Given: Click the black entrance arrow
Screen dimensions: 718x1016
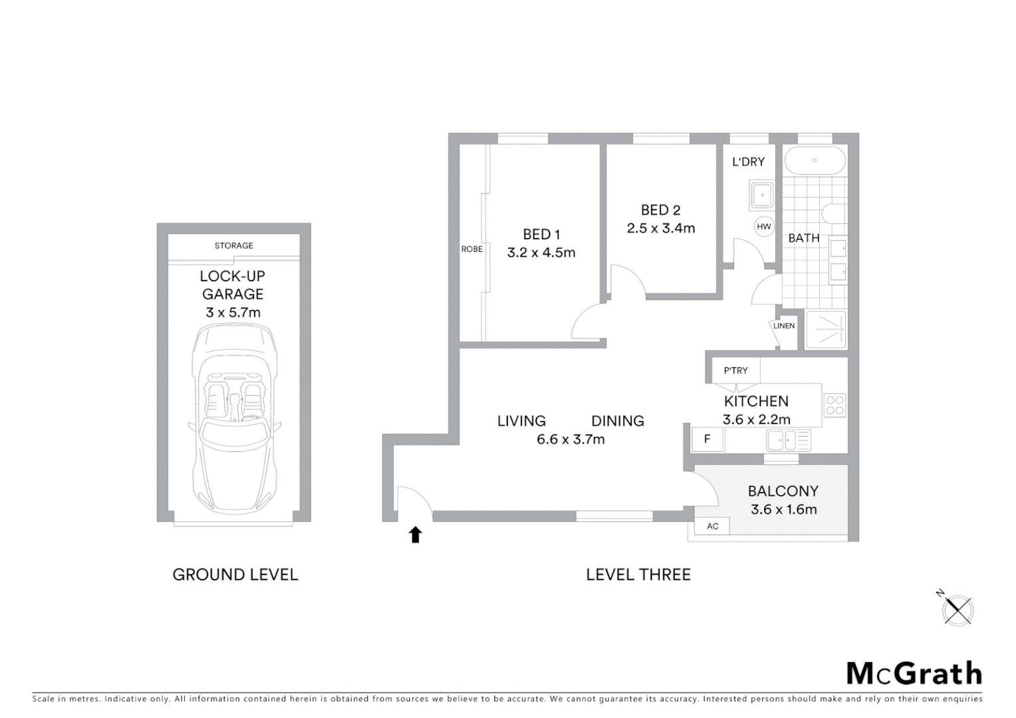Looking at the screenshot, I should (x=416, y=535).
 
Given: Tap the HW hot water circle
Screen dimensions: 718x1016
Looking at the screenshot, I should (x=764, y=227).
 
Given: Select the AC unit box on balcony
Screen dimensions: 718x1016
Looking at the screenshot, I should (x=712, y=526).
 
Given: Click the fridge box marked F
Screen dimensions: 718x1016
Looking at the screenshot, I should (x=707, y=439).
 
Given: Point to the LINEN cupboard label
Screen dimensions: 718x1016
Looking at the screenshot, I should (x=784, y=326).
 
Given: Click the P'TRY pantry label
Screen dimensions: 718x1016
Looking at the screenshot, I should (x=735, y=370).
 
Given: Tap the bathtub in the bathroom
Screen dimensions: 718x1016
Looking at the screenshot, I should (x=815, y=160).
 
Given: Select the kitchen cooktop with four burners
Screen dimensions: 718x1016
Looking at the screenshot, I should (x=834, y=406).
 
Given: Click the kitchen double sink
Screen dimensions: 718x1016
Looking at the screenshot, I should (x=788, y=440).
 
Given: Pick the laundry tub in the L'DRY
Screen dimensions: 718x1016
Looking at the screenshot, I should (x=761, y=195).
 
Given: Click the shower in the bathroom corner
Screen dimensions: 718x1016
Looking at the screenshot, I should (x=826, y=330).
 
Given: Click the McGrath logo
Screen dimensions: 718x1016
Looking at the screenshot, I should (x=914, y=673).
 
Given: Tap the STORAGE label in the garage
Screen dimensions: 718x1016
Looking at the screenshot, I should (x=233, y=245).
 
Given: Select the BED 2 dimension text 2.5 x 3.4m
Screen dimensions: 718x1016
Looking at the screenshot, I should (x=660, y=228).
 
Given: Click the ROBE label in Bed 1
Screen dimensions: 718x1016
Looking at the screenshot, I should (x=471, y=249).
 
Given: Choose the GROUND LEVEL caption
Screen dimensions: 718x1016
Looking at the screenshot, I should (x=235, y=574).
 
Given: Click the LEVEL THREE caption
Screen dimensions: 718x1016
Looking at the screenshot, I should (x=638, y=574).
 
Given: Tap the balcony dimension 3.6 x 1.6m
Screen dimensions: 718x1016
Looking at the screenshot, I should (x=783, y=509).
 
